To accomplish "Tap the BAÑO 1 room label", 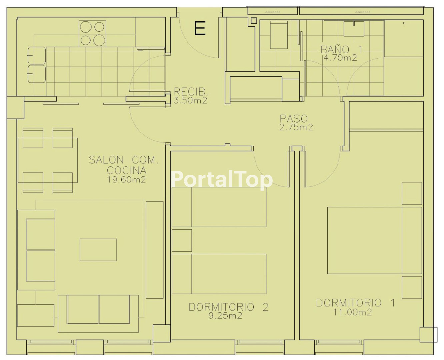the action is point(341,50).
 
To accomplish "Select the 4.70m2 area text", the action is point(340,58).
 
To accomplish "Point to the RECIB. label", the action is point(191,92).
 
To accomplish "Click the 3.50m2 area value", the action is point(191,101).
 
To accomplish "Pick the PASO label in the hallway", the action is point(293,119).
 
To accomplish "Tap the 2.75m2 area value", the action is point(296,127).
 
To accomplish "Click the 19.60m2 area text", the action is point(127,179).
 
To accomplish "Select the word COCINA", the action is point(127,171).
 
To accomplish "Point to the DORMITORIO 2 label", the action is point(229,307).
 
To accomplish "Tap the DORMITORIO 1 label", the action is point(356,303).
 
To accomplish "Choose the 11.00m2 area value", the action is point(352,312).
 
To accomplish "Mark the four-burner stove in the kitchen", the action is point(92,33).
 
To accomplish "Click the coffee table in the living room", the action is point(98,250).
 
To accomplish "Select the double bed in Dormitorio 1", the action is point(375,240).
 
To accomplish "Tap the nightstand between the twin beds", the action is point(182,240).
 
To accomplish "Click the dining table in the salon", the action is point(48,160).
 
